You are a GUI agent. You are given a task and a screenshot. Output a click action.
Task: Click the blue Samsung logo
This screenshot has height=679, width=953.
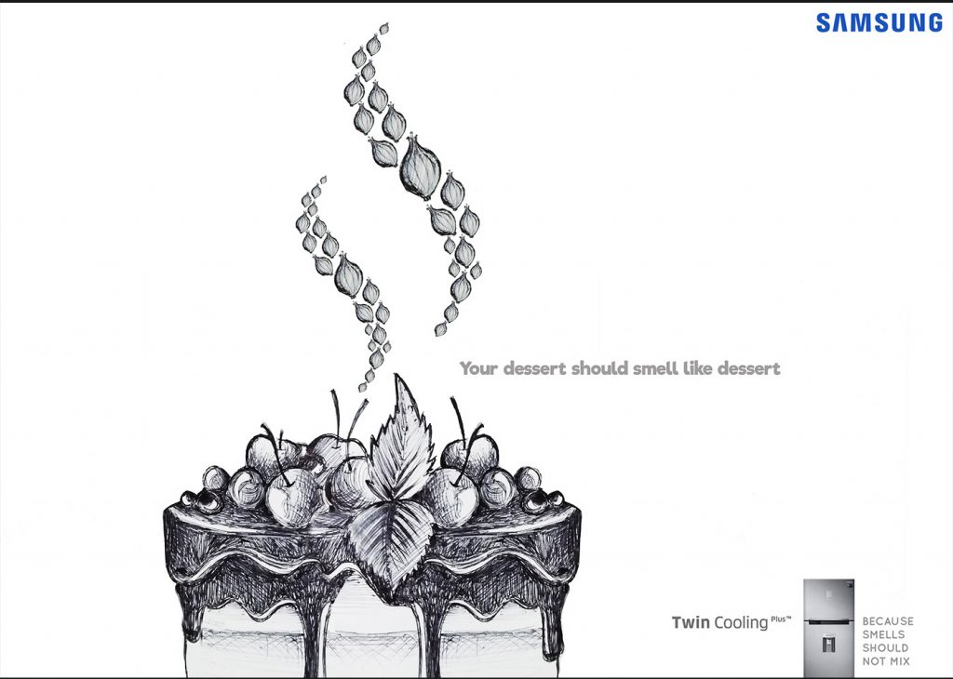pyautogui.click(x=879, y=22)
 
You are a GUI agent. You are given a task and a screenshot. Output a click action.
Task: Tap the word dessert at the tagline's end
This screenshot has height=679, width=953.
pyautogui.click(x=749, y=368)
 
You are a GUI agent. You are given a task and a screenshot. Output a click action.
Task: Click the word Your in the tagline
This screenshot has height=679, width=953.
pyautogui.click(x=479, y=368)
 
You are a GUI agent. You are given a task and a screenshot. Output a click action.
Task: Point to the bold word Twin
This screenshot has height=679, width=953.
pyautogui.click(x=691, y=622)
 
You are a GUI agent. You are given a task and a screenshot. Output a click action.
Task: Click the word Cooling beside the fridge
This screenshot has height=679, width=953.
pyautogui.click(x=741, y=623)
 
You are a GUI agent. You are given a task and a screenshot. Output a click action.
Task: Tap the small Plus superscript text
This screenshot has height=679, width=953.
pyautogui.click(x=781, y=619)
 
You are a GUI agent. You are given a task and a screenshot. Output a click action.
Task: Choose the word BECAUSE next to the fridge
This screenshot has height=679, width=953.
pyautogui.click(x=888, y=621)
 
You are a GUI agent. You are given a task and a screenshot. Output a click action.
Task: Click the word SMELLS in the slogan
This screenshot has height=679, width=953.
pyautogui.click(x=883, y=634)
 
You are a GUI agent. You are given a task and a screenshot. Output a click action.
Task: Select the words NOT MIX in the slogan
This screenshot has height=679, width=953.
pyautogui.click(x=886, y=661)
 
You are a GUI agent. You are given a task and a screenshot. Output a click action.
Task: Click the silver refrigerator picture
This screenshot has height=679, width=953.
pyautogui.click(x=828, y=628)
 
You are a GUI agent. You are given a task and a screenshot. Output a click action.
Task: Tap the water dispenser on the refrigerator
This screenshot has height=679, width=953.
pyautogui.click(x=827, y=644)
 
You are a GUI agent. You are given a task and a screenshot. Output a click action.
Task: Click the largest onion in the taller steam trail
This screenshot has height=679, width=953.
pyautogui.click(x=420, y=167)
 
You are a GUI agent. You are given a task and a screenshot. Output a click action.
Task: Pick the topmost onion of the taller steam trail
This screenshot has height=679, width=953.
pyautogui.click(x=383, y=29)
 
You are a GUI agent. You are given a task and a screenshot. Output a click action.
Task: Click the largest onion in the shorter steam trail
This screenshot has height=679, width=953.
pyautogui.click(x=348, y=275)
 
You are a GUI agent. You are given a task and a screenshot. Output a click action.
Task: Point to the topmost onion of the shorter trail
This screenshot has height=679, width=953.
pyautogui.click(x=323, y=180)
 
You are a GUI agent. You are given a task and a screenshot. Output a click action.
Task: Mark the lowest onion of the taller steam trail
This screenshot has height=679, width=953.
pyautogui.click(x=440, y=330)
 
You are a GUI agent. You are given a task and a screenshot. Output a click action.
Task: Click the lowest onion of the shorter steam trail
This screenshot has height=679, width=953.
pyautogui.click(x=362, y=387)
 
